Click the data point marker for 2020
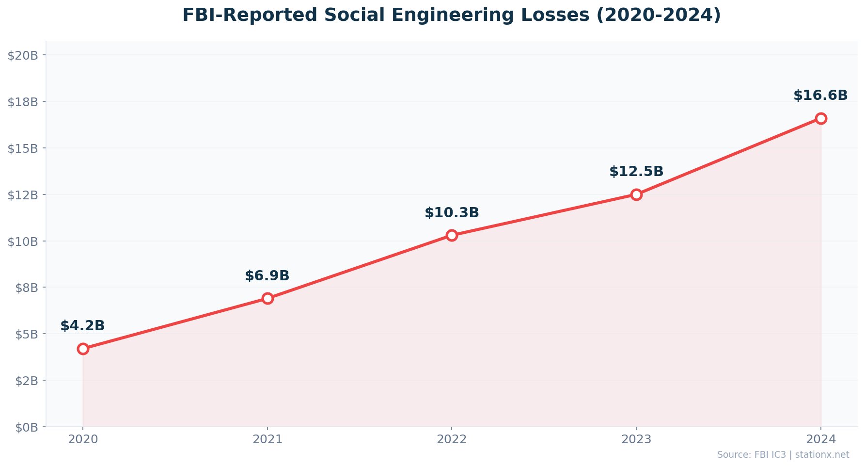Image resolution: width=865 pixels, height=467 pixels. point(83,349)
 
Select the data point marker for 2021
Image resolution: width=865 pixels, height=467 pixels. point(267,298)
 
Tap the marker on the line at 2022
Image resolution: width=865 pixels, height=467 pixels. point(452,235)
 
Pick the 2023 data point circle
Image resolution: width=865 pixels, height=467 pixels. point(636,194)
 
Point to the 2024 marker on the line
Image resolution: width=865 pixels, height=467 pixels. point(820,118)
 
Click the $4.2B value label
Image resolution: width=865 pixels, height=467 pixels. point(82,326)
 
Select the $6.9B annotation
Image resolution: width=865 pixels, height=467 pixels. point(267,276)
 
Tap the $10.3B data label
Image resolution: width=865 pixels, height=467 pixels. point(452,213)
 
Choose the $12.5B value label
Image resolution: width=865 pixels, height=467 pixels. point(636,172)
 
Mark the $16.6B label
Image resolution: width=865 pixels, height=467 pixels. point(820,96)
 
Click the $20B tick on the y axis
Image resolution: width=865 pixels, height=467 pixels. point(23,55)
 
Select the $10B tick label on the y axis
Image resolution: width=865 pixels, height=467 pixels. point(23,242)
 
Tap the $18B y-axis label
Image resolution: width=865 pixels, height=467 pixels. point(23,102)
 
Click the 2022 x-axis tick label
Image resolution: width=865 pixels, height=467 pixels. point(452,439)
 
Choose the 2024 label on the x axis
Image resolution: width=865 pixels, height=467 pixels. point(820,439)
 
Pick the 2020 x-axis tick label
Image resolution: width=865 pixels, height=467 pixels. point(83,439)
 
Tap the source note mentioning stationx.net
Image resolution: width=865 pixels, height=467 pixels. point(783,455)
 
